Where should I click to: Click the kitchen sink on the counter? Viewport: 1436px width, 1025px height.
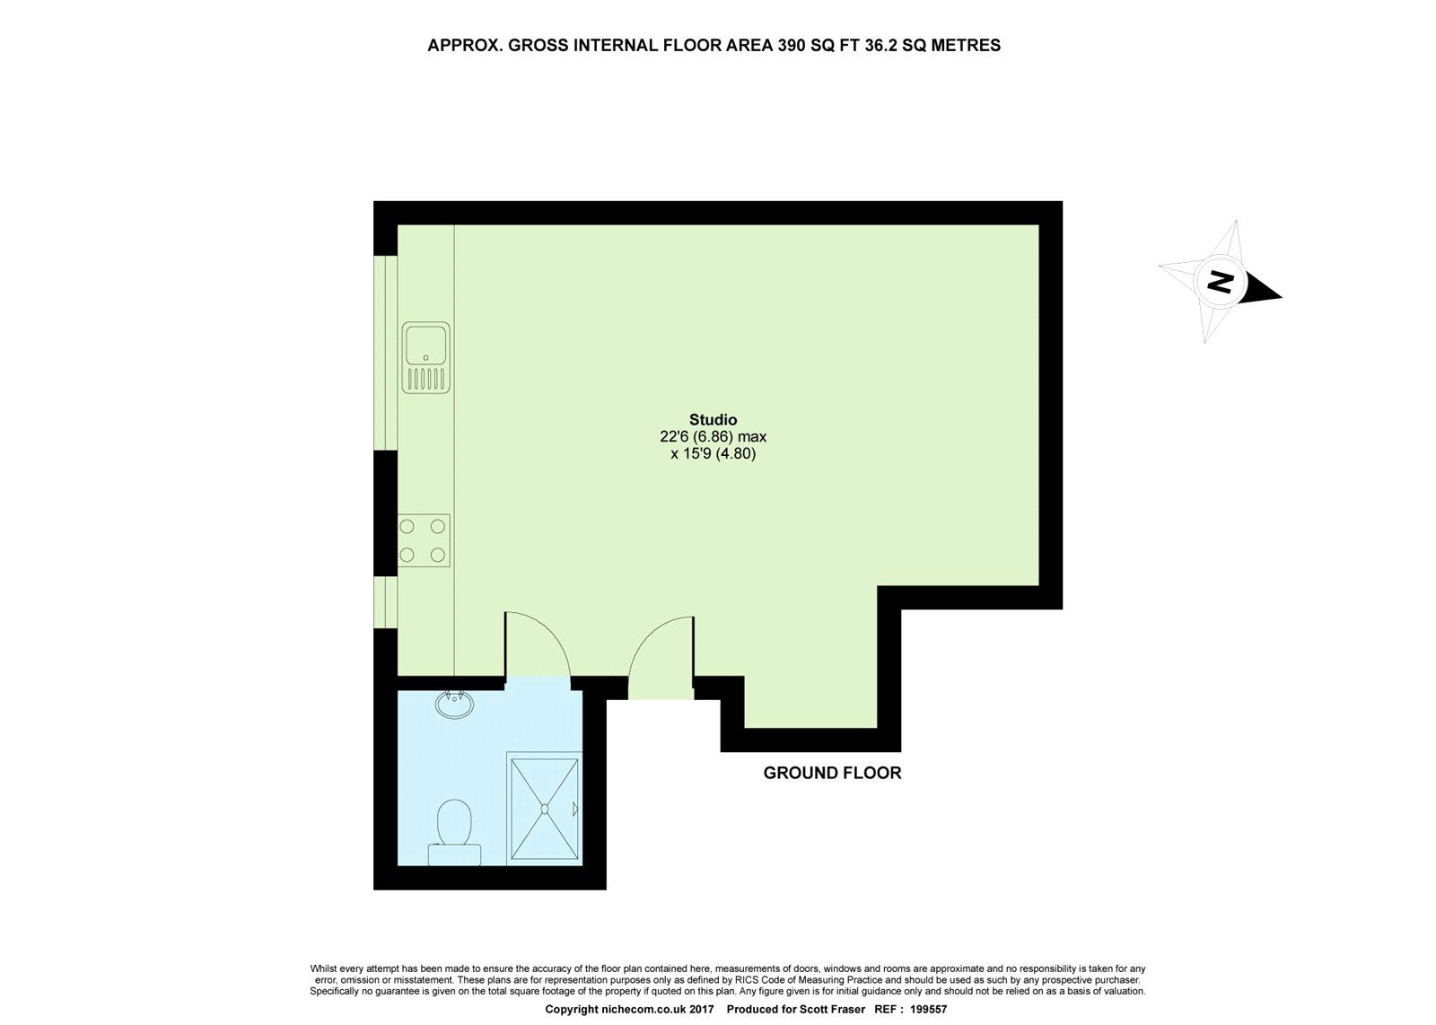pyautogui.click(x=425, y=356)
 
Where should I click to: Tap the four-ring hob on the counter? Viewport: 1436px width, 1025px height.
pyautogui.click(x=424, y=540)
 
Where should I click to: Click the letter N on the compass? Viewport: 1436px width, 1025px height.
pyautogui.click(x=1219, y=282)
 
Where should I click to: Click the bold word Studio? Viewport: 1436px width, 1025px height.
pyautogui.click(x=713, y=419)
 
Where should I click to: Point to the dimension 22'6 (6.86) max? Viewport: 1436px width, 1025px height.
pyautogui.click(x=713, y=437)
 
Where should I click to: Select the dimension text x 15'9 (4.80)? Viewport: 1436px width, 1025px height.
pyautogui.click(x=713, y=454)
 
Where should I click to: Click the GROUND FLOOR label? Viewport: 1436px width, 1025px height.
pyautogui.click(x=832, y=773)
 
